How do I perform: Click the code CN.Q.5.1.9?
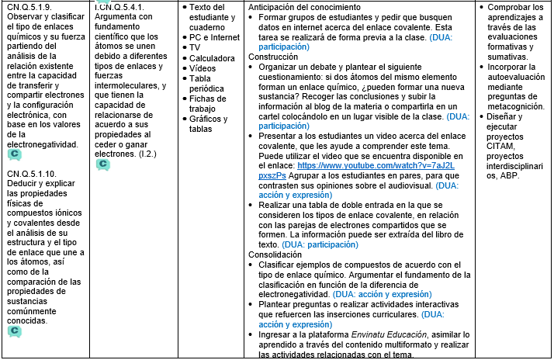tap(29, 7)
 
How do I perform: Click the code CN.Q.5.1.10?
tap(32, 173)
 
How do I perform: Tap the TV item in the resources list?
tap(195, 47)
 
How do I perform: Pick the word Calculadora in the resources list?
tap(213, 58)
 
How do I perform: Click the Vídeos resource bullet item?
tap(203, 68)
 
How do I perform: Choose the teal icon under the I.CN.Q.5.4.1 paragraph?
tap(102, 165)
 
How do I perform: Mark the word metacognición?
tap(514, 106)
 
